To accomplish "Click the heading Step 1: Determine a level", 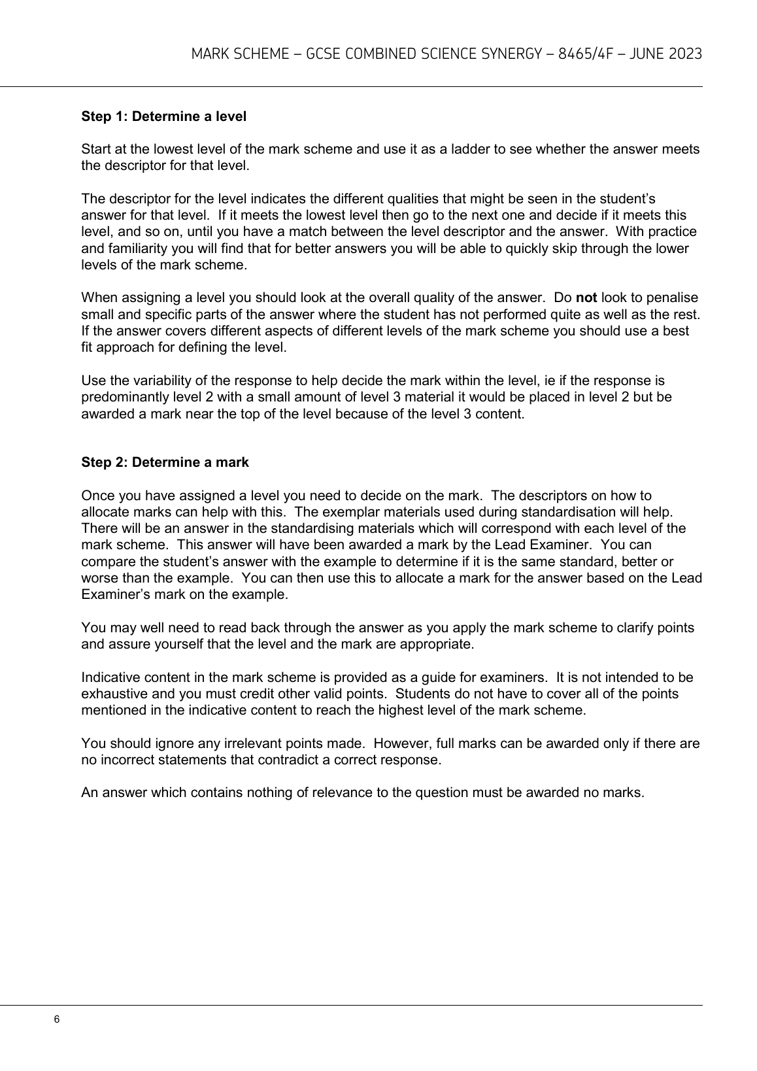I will (163, 117).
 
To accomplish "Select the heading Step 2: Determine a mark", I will (165, 462).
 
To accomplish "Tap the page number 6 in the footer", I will (57, 1020).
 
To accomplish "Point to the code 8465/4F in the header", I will (586, 54).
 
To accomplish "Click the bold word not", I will (586, 298).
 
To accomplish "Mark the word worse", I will (99, 578).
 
